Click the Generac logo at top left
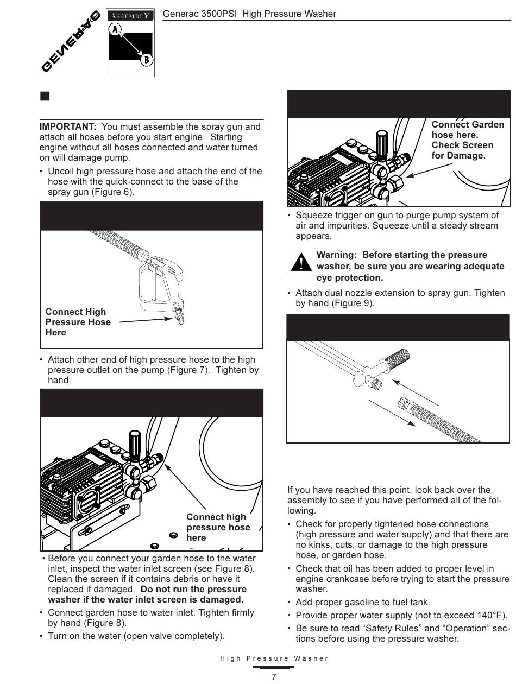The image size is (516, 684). click(x=71, y=41)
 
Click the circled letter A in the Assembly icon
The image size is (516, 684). click(x=115, y=30)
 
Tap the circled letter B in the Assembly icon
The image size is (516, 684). click(x=146, y=60)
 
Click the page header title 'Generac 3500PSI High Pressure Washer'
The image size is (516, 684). click(x=249, y=14)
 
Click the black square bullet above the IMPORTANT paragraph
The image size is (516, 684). click(x=45, y=97)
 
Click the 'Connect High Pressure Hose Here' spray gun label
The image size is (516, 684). click(x=78, y=322)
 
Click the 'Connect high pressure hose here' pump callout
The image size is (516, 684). click(x=218, y=527)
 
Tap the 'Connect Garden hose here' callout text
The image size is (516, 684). click(x=467, y=130)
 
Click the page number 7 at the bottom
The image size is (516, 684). click(x=274, y=676)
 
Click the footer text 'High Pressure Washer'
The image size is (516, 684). click(x=274, y=658)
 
